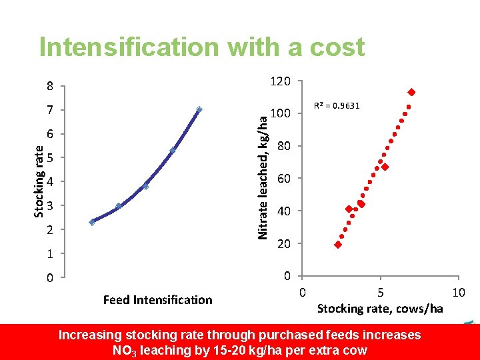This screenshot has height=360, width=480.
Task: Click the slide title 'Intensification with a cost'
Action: point(202,47)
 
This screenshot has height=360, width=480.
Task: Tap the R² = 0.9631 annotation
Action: point(337,105)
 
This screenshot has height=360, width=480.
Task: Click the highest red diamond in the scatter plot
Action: point(411,92)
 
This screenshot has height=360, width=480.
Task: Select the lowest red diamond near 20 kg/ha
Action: point(338,245)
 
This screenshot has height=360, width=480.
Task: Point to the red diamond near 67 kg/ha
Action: point(385,167)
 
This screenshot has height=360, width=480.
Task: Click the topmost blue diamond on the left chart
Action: point(199,109)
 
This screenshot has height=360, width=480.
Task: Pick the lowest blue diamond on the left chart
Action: point(93,222)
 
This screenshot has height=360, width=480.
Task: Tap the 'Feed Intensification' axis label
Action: point(157,300)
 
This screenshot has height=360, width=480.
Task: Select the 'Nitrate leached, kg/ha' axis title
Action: point(263,177)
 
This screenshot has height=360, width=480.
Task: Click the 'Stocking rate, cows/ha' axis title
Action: point(380,308)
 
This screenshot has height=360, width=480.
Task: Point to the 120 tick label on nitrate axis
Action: point(280,81)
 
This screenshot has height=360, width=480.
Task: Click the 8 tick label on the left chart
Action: point(50,86)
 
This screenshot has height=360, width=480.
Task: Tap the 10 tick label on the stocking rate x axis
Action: point(458,292)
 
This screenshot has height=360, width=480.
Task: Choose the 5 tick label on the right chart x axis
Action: point(380,292)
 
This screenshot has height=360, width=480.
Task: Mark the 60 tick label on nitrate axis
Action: point(283,179)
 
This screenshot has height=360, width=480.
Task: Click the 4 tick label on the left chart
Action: point(50,182)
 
